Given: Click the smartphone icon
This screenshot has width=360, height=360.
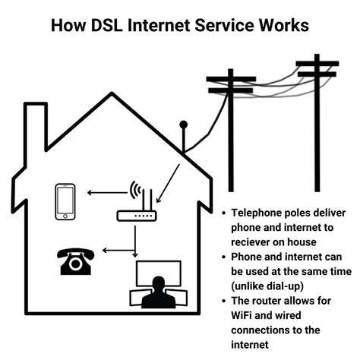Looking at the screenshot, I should tap(66, 201).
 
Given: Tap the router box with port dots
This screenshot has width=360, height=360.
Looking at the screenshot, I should tap(135, 216).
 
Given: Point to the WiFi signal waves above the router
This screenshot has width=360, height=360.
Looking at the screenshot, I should tap(137, 190).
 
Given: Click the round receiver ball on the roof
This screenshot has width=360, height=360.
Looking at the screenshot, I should tap(182, 124).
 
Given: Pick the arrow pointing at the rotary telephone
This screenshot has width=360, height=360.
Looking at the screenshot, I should tap(117, 248).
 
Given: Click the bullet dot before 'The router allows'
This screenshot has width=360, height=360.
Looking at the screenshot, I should tap(222, 302).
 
